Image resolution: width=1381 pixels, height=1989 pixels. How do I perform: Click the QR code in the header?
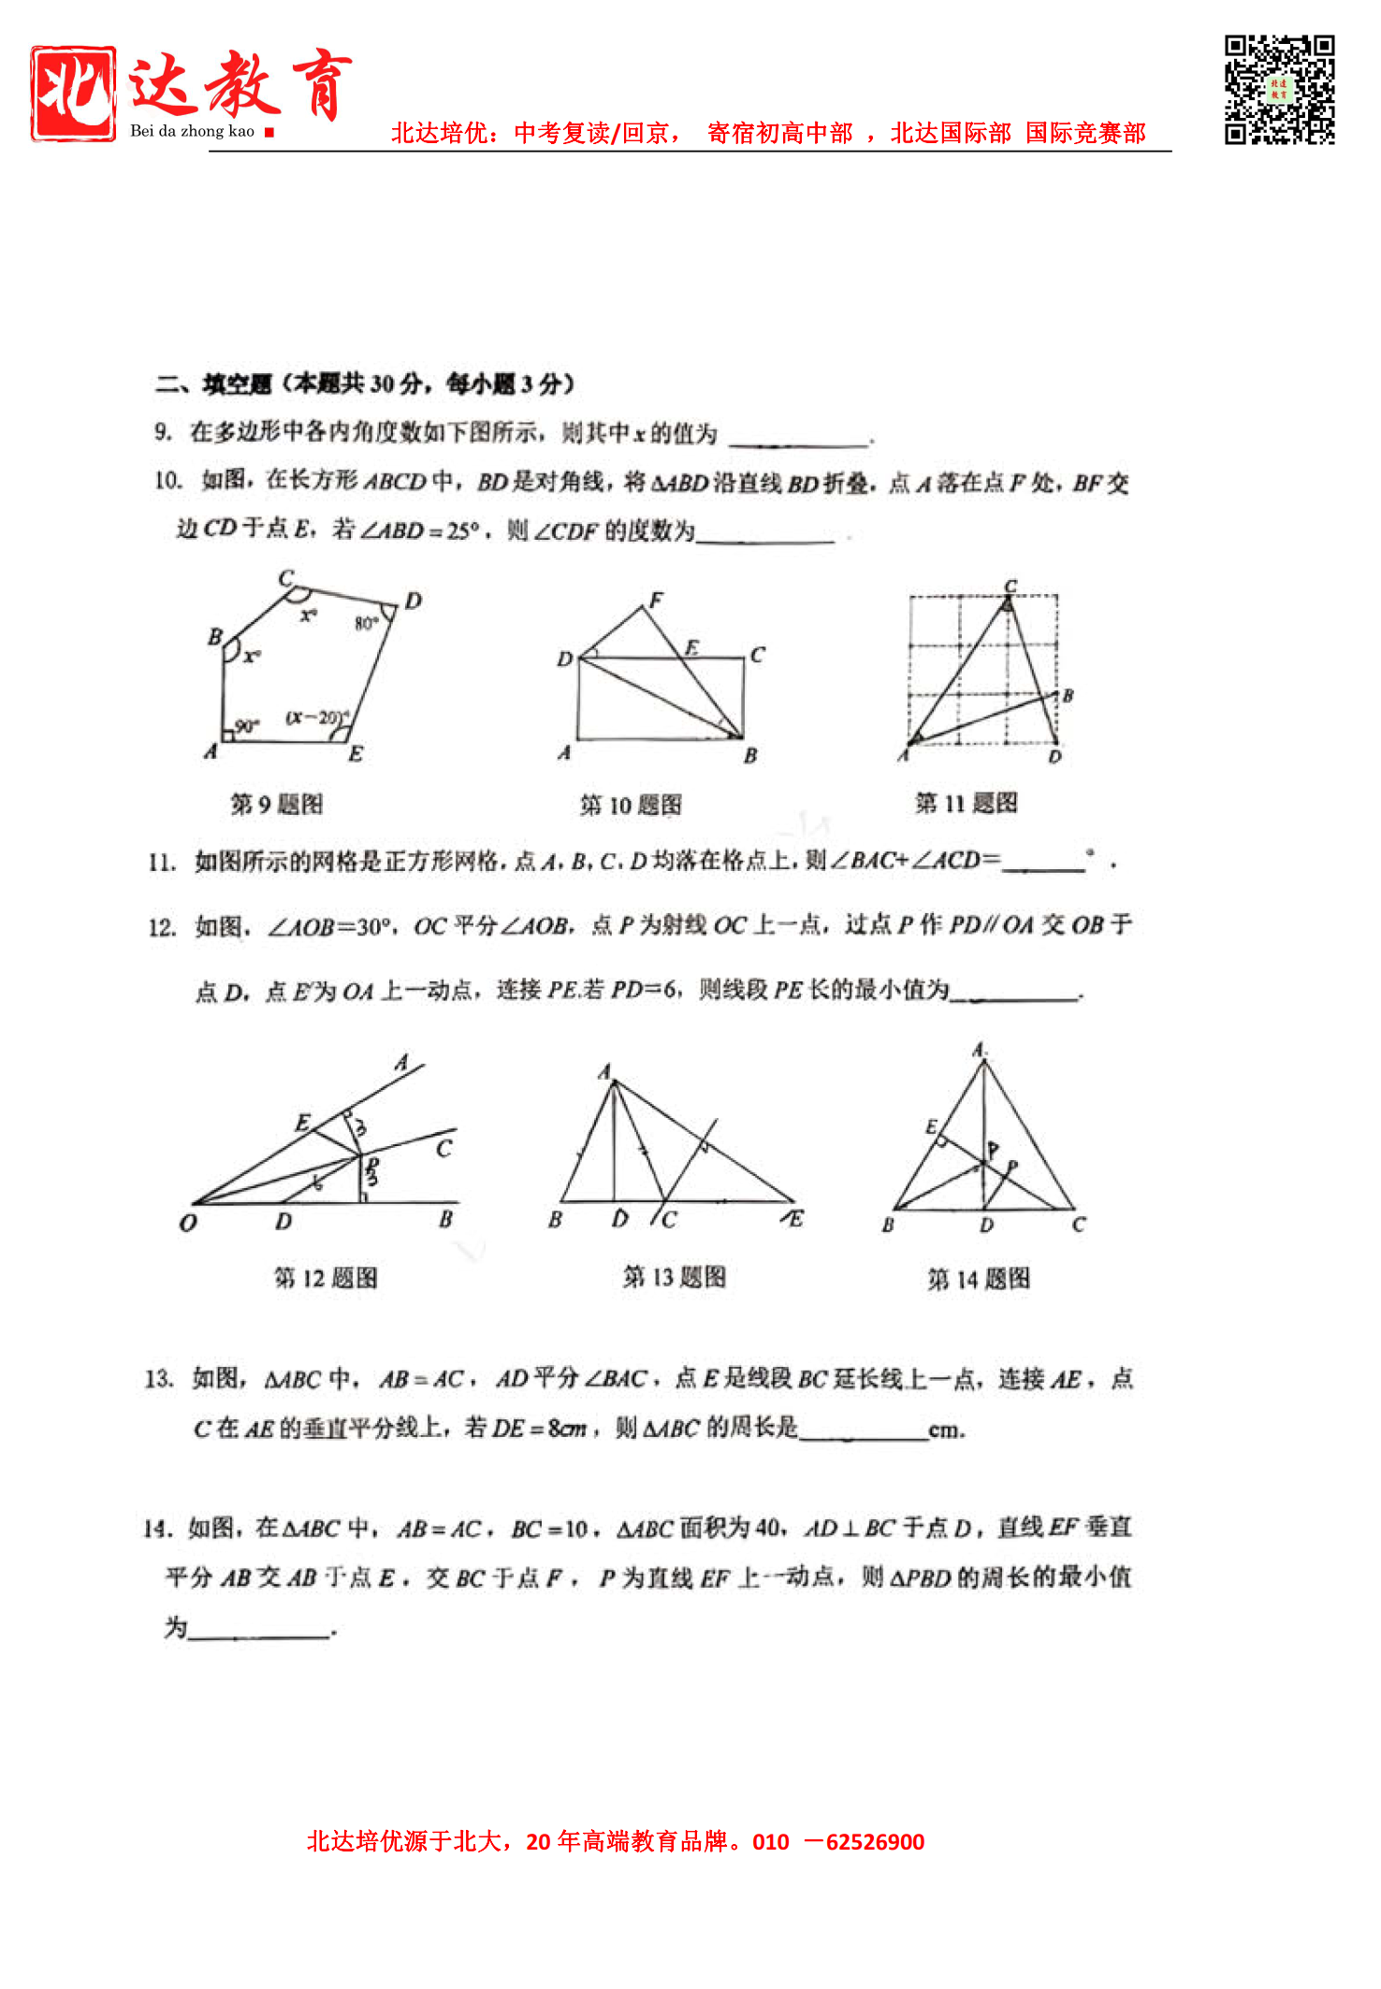[x=1279, y=90]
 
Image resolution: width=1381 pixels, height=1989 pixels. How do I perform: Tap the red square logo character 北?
[x=73, y=94]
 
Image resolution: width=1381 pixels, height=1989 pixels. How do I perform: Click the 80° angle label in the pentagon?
[x=366, y=623]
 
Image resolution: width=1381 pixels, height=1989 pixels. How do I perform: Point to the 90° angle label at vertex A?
[x=245, y=726]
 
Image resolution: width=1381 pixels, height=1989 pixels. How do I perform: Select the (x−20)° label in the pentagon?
[x=316, y=718]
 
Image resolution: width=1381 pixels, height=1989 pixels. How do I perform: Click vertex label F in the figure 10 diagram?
[x=657, y=599]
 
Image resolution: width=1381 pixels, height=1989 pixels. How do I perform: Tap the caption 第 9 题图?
[x=277, y=805]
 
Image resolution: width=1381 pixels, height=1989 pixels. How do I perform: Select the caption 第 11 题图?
[x=966, y=803]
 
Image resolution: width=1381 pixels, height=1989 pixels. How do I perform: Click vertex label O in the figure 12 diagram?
[x=188, y=1223]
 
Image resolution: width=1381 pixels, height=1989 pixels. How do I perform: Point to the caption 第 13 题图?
[x=675, y=1277]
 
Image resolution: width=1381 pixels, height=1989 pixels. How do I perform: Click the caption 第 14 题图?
[x=979, y=1279]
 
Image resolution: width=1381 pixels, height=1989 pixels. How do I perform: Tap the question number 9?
[x=163, y=431]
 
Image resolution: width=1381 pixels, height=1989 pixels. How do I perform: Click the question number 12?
[x=161, y=927]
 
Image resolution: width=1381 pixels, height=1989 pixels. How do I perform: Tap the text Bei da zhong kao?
[x=192, y=131]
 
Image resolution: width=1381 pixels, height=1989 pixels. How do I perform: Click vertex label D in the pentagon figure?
[x=414, y=601]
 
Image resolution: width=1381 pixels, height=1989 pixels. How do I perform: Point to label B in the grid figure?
[x=1068, y=695]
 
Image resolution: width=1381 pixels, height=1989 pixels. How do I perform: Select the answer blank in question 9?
[x=799, y=440]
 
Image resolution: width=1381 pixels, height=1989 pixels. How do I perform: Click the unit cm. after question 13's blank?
[x=946, y=1430]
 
